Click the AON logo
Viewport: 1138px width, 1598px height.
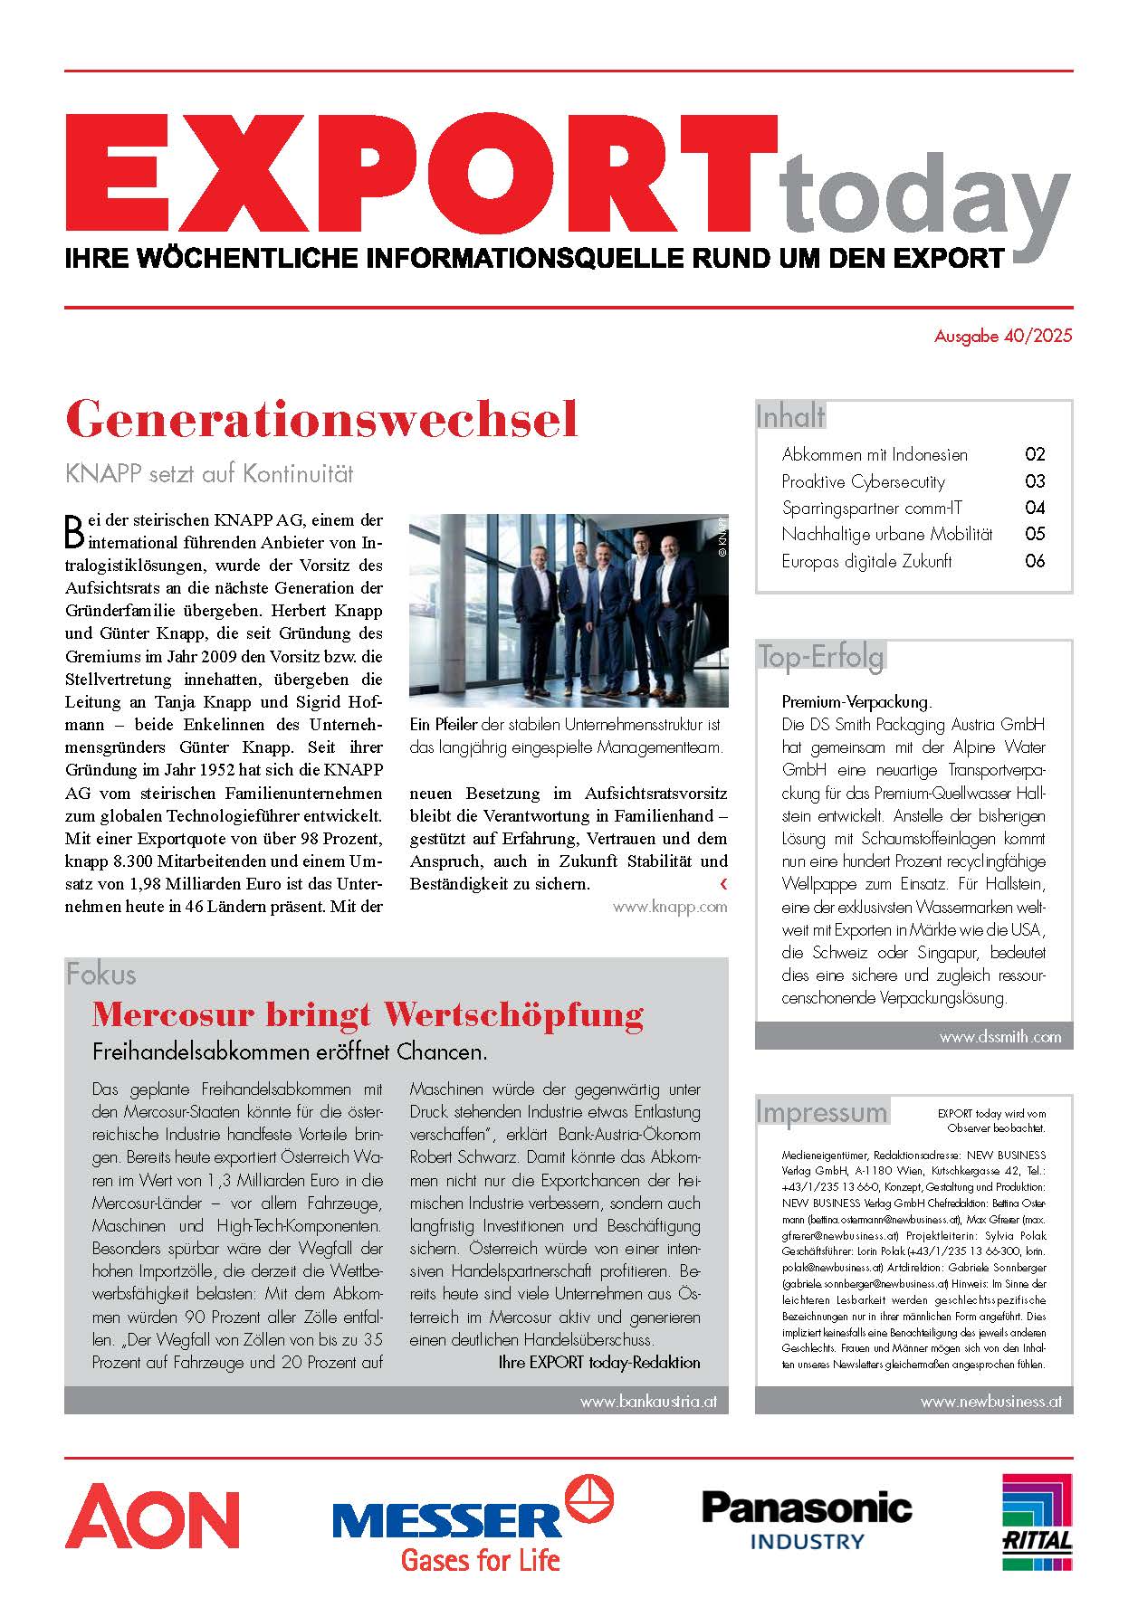point(152,1517)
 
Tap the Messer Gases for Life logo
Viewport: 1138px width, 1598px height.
point(473,1525)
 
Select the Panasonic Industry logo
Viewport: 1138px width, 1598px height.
point(807,1520)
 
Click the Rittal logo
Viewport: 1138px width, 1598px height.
point(1037,1522)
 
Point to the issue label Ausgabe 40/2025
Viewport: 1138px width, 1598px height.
point(1003,337)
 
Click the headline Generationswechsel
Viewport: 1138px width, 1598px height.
point(322,420)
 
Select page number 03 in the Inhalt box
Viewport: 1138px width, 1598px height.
point(1035,481)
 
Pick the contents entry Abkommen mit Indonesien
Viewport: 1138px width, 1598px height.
point(875,455)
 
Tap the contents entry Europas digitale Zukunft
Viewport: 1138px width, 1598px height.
point(866,561)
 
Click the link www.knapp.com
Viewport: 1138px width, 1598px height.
point(670,907)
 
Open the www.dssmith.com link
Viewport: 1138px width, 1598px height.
point(999,1037)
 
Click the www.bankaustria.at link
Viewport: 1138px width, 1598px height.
point(648,1402)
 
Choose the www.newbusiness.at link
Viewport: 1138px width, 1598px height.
point(990,1402)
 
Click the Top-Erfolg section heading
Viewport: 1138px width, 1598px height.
point(821,657)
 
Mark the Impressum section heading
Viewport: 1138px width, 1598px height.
point(822,1112)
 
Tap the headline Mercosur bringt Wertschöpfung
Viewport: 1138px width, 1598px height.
point(368,1014)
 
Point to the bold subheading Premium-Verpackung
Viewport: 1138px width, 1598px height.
point(856,702)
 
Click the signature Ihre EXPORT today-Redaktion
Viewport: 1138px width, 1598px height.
point(599,1362)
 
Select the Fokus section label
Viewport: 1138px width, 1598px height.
point(101,975)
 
